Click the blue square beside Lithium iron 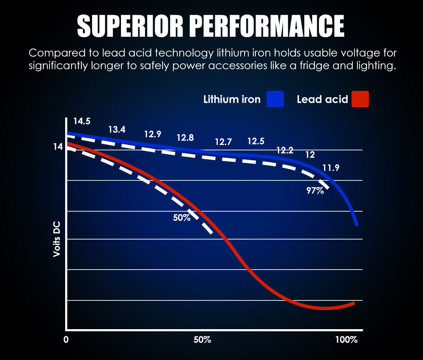[275, 99]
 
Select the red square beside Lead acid [360, 99]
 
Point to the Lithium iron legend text [232, 100]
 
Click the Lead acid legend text [322, 100]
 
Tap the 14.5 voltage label [82, 121]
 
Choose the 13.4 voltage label [117, 130]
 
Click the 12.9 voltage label [153, 134]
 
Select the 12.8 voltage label [185, 138]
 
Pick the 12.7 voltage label [223, 142]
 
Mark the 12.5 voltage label [256, 141]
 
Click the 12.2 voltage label [285, 150]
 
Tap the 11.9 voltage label [331, 168]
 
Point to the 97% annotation [315, 191]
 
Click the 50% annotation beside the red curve [181, 218]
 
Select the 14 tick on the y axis [58, 147]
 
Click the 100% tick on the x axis [346, 340]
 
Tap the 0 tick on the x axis [66, 340]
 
